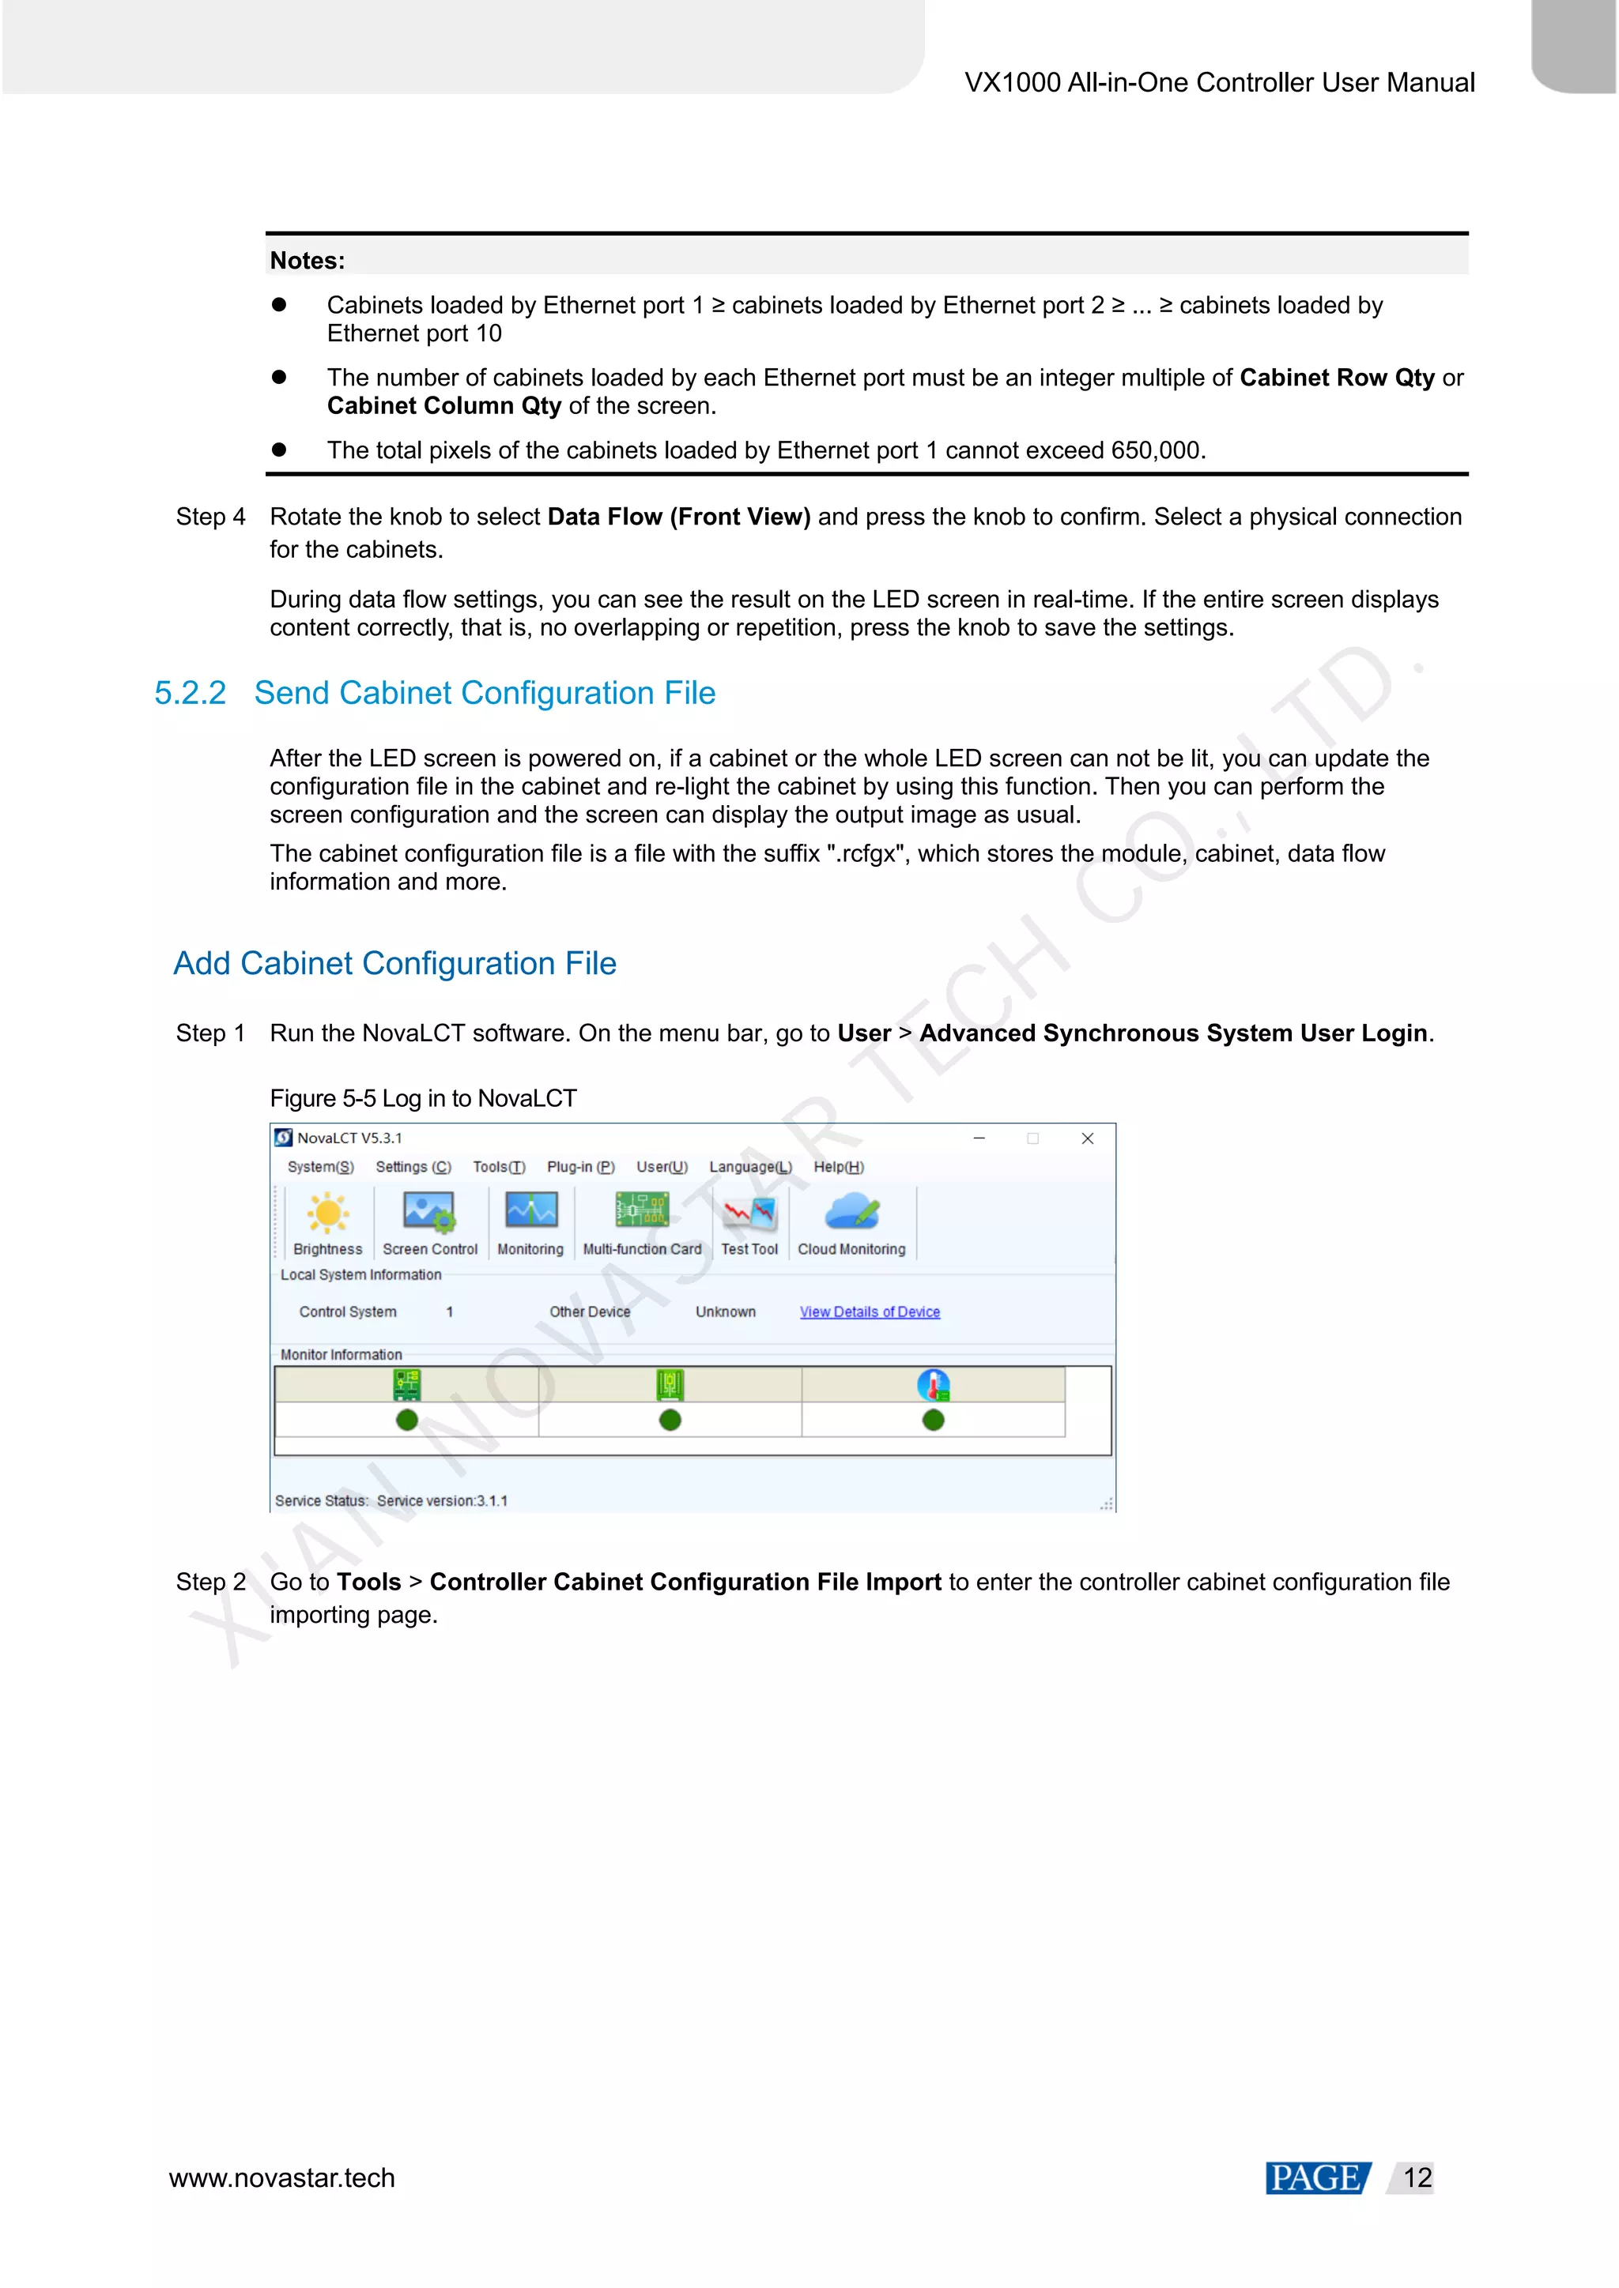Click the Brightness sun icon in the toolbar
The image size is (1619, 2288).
327,1214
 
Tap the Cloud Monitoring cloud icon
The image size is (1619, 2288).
851,1213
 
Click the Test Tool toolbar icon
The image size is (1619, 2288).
749,1214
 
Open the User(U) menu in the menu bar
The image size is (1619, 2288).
662,1167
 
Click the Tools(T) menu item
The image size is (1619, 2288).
499,1167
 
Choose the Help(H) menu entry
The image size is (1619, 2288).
839,1167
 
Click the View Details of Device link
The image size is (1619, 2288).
870,1312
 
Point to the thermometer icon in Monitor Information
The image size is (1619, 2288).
933,1385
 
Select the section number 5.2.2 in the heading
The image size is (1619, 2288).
191,693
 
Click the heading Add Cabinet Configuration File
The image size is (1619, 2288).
394,964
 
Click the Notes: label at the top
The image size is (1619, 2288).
307,261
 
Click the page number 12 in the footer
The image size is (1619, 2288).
1417,2178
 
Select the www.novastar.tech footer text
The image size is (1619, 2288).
282,2178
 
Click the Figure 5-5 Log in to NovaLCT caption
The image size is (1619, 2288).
424,1098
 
